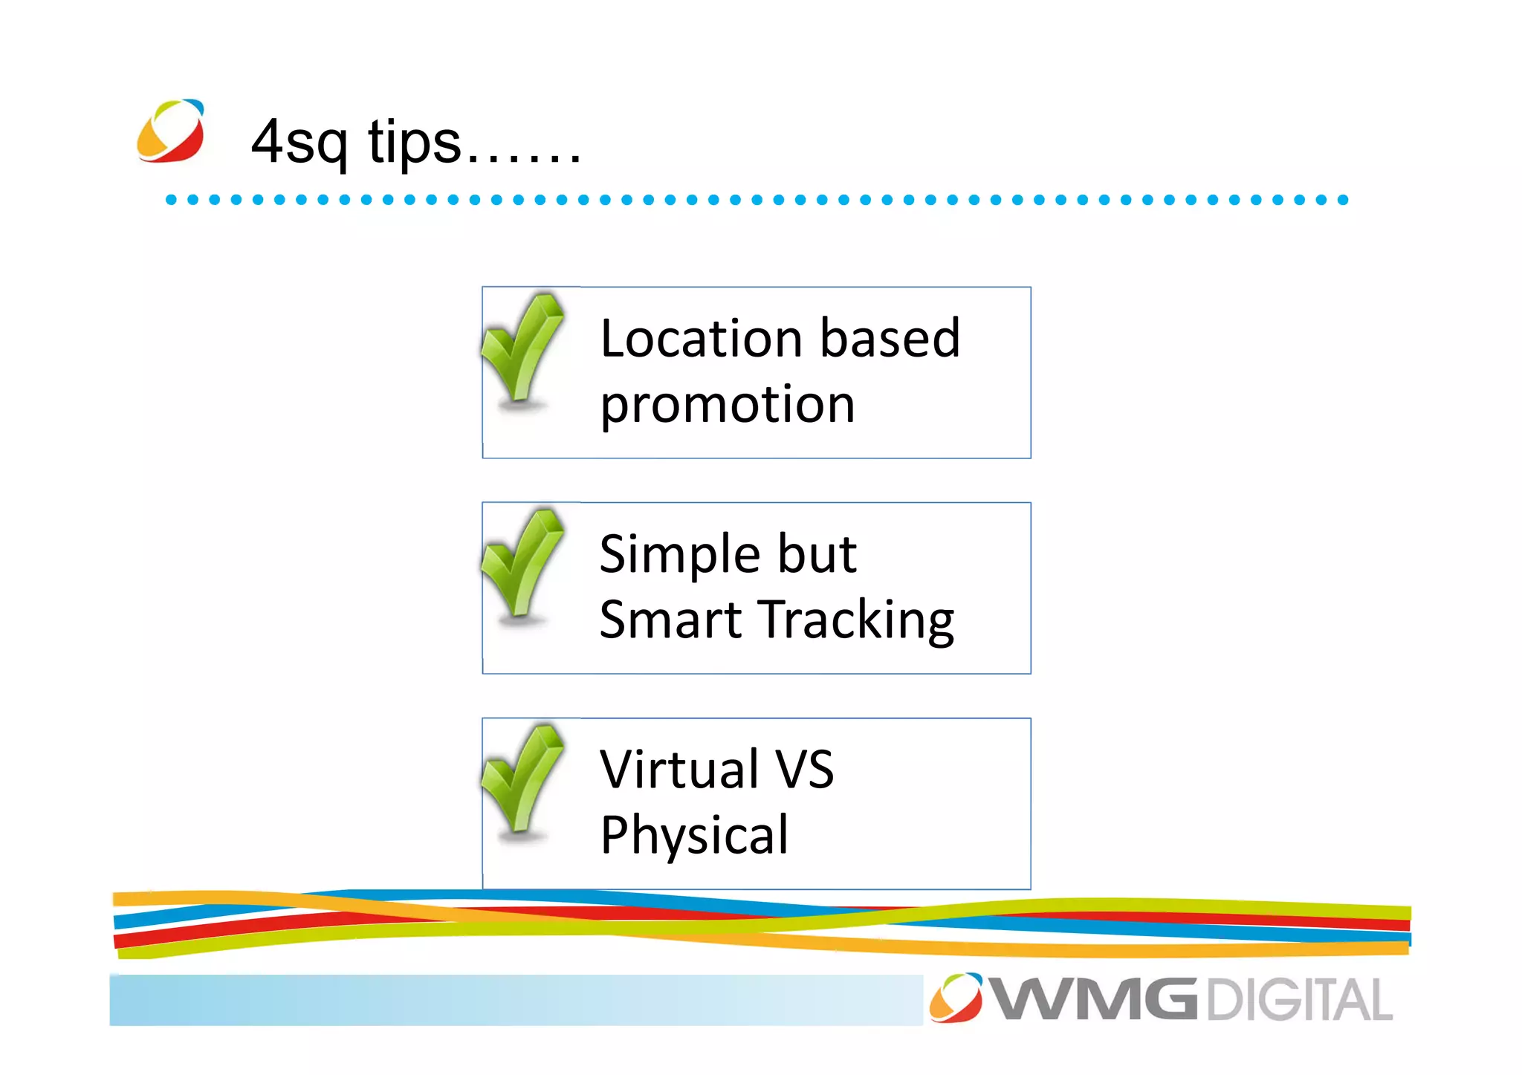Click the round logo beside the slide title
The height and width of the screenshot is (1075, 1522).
point(171,131)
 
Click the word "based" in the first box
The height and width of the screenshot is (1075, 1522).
point(890,339)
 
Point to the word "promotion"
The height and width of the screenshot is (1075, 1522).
point(728,406)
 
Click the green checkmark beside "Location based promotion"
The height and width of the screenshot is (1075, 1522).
point(522,349)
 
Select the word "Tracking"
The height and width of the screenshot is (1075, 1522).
point(858,620)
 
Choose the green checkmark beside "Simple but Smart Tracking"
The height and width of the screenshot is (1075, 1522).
point(522,565)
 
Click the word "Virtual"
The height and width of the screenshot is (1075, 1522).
point(679,770)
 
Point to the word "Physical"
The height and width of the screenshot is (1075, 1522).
point(694,836)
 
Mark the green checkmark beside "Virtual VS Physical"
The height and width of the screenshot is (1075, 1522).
point(522,780)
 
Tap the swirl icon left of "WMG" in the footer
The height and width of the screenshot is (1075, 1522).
point(956,998)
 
